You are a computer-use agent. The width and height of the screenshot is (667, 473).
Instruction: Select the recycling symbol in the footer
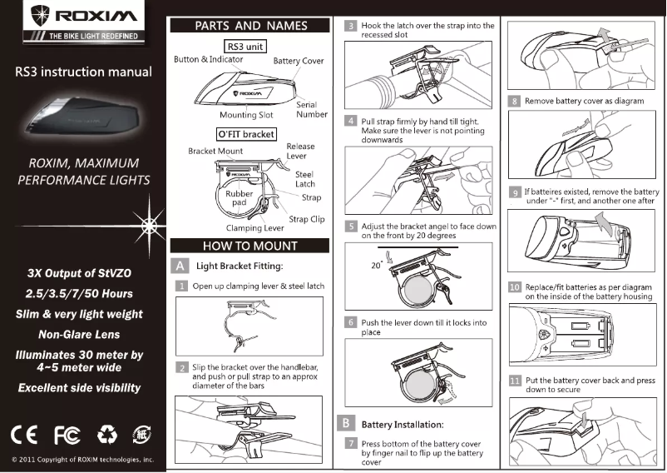[x=107, y=434]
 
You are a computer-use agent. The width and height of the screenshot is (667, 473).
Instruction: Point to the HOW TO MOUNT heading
[x=250, y=246]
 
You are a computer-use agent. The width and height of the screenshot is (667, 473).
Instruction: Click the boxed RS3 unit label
[x=245, y=47]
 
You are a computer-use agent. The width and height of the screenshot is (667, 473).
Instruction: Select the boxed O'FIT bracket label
[x=246, y=133]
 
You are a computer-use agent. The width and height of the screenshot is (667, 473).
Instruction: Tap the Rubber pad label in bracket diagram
[x=240, y=198]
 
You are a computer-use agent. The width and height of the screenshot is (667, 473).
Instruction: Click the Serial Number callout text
[x=312, y=110]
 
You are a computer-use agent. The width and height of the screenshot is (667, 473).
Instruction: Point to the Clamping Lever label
[x=255, y=227]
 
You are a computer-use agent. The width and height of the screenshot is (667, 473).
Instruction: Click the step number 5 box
[x=352, y=226]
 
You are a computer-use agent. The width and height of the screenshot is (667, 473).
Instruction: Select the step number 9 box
[x=515, y=192]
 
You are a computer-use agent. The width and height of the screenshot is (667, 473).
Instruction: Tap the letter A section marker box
[x=179, y=266]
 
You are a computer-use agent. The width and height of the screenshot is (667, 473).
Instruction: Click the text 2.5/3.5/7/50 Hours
[x=79, y=294]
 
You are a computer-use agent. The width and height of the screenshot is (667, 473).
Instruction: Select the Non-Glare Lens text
[x=79, y=335]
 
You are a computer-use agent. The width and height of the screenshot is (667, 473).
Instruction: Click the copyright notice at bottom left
[x=83, y=459]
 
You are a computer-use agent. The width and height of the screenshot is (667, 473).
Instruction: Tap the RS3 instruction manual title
[x=83, y=72]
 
